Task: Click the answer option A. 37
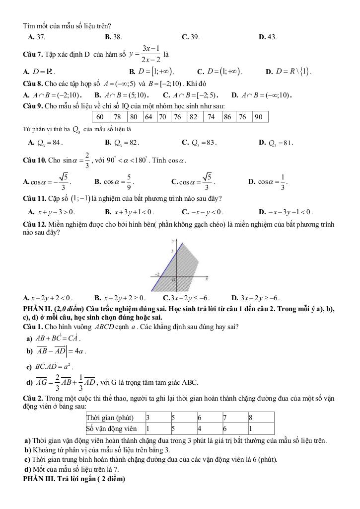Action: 37,36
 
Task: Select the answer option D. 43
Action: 268,36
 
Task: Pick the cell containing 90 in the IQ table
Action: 259,117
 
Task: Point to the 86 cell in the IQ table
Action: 227,117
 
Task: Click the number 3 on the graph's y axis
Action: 172,252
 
